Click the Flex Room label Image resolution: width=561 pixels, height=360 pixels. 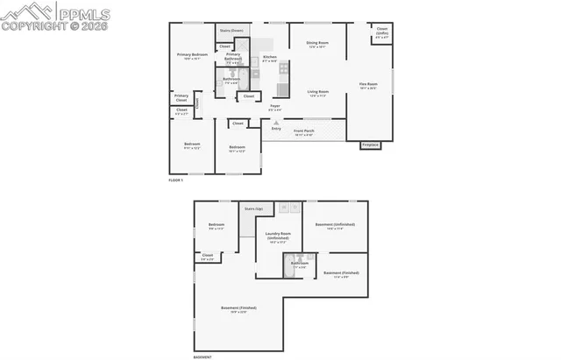coord(367,85)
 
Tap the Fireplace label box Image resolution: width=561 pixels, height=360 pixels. coord(371,145)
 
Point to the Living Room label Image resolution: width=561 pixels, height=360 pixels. coord(317,92)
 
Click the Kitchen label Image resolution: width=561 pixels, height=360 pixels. coord(270,58)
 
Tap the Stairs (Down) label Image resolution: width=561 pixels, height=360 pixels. coord(231,31)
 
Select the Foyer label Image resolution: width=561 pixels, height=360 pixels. coord(274,106)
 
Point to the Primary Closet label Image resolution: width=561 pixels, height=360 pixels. coord(181,97)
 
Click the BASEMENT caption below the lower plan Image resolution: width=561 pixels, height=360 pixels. coord(202,356)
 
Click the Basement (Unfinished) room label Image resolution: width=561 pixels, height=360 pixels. coord(340,225)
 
